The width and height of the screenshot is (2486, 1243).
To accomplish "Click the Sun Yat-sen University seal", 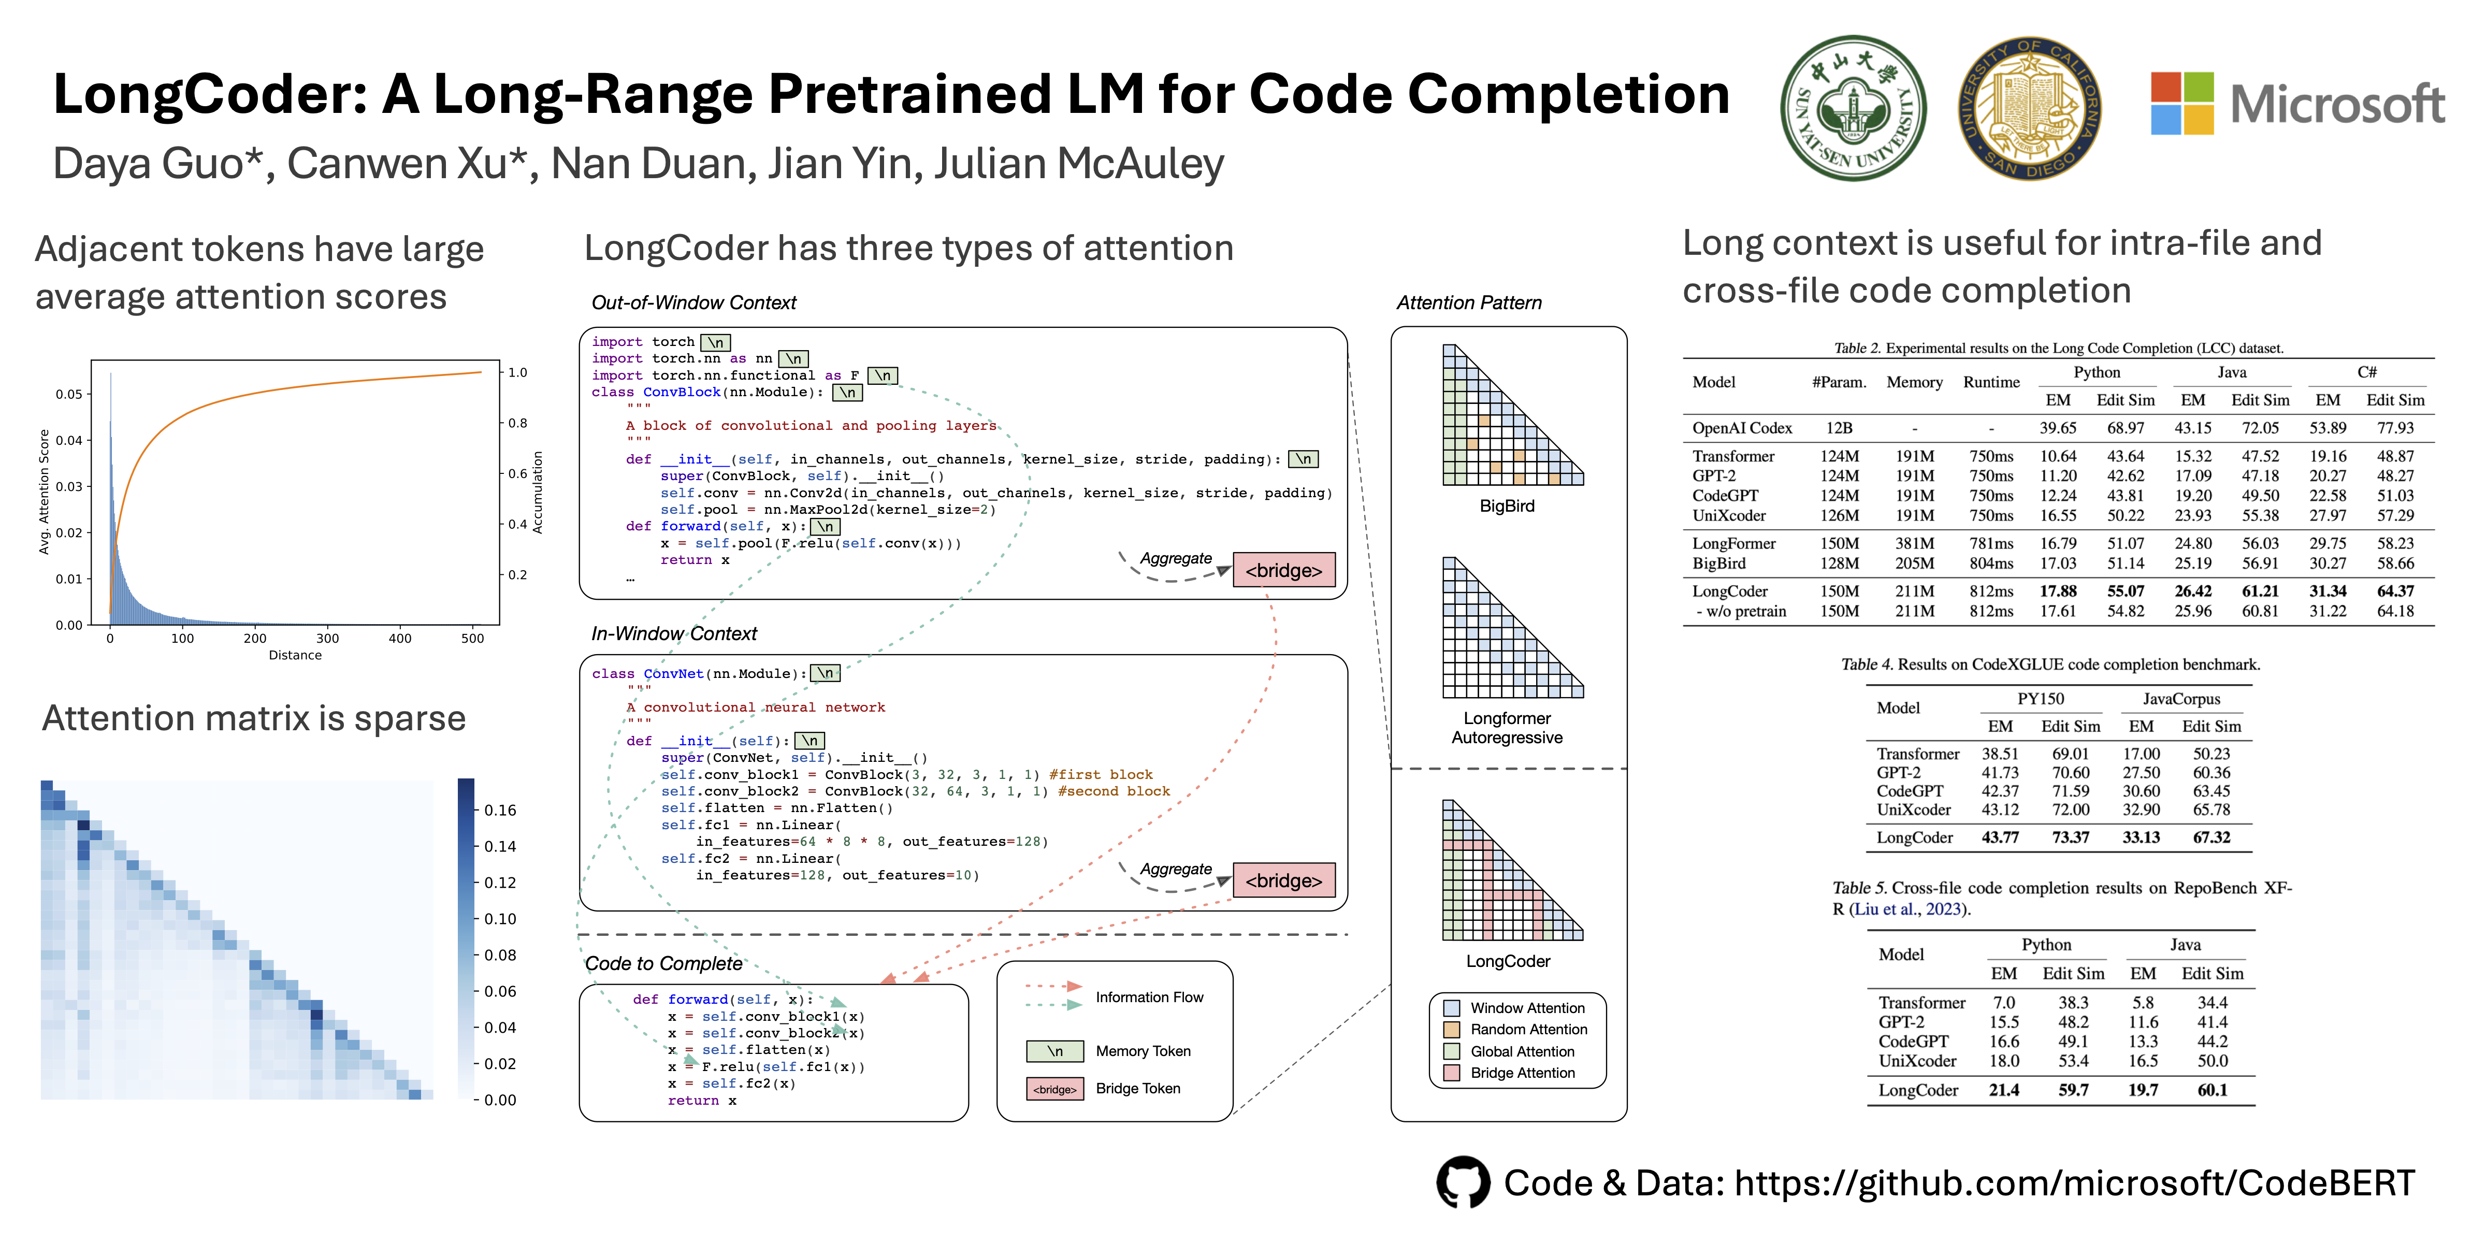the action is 1853,108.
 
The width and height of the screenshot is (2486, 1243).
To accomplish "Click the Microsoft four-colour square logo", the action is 2182,103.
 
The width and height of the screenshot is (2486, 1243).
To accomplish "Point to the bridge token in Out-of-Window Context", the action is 1283,570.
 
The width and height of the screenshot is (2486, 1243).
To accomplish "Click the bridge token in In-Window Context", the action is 1283,880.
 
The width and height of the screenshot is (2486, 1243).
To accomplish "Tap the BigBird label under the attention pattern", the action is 1507,505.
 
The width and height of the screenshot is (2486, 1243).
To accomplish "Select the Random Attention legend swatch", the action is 1451,1030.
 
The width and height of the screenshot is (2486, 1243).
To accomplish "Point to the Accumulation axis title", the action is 538,492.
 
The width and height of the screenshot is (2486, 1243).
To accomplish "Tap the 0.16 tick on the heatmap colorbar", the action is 500,810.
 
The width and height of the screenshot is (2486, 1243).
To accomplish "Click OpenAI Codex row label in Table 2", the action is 1742,427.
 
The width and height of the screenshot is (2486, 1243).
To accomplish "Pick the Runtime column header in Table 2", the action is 1991,382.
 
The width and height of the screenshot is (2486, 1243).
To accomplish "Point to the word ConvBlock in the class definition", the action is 682,392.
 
